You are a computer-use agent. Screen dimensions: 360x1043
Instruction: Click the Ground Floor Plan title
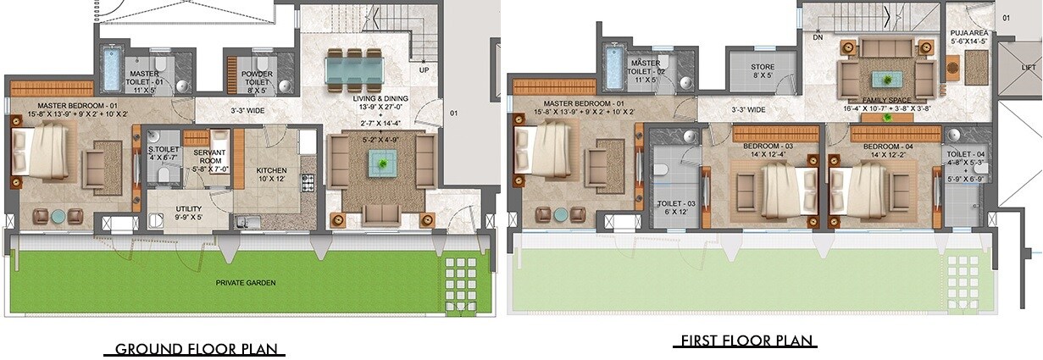click(194, 349)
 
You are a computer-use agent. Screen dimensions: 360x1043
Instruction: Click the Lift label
click(1029, 68)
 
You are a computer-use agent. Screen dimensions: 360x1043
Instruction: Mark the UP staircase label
click(423, 69)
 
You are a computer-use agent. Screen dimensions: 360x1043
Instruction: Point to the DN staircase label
click(818, 37)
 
